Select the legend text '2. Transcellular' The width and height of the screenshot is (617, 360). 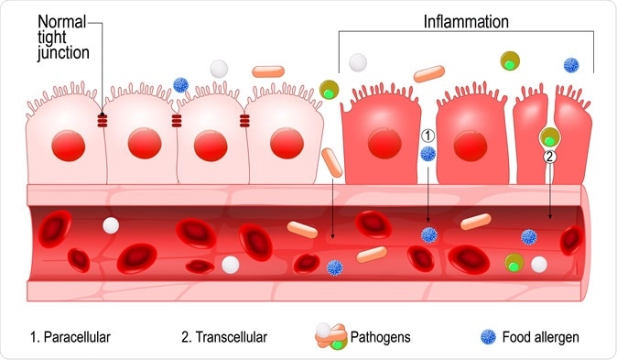pyautogui.click(x=223, y=337)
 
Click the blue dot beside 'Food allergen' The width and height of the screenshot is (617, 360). pyautogui.click(x=487, y=337)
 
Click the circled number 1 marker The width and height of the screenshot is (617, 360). pyautogui.click(x=428, y=135)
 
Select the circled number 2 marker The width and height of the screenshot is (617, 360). pyautogui.click(x=549, y=156)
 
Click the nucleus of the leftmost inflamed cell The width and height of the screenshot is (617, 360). pyautogui.click(x=380, y=143)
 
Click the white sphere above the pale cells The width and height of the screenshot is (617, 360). pyautogui.click(x=219, y=69)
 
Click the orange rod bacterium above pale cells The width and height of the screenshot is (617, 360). pyautogui.click(x=267, y=70)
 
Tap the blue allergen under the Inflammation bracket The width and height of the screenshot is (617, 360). pyautogui.click(x=571, y=65)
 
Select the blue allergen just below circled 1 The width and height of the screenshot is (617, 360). pyautogui.click(x=428, y=153)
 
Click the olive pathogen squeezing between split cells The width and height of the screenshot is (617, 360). pyautogui.click(x=549, y=137)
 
